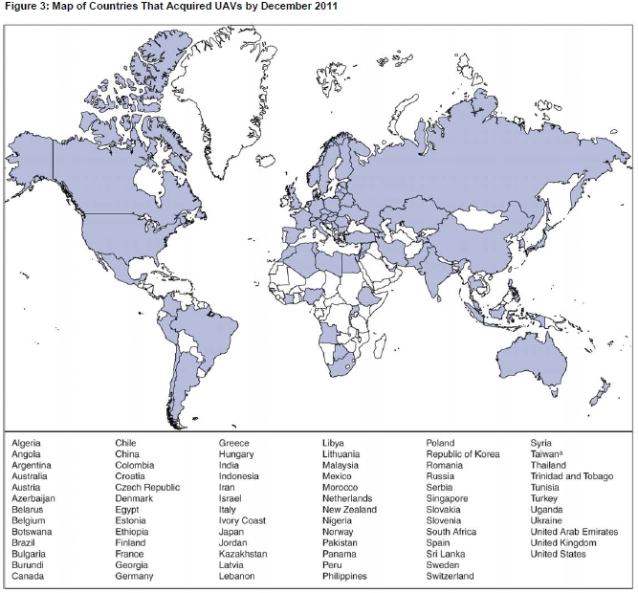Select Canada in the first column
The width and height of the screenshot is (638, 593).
(x=28, y=576)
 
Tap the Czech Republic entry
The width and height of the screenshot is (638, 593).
(x=147, y=487)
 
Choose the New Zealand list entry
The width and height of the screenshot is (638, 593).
(x=349, y=510)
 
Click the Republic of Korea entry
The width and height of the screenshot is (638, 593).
(x=462, y=454)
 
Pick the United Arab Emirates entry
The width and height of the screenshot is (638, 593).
(x=574, y=532)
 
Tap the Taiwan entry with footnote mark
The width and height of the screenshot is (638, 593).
(x=548, y=454)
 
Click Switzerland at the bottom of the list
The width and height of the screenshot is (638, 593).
(x=450, y=576)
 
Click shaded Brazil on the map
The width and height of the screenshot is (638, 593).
(x=201, y=316)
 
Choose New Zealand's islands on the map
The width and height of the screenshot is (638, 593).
(x=600, y=392)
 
